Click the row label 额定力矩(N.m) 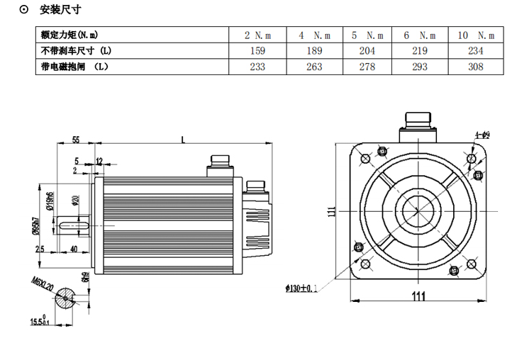coord(69,35)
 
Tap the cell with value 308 coord(476,67)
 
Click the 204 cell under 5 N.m coord(367,50)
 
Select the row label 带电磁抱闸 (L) coord(74,67)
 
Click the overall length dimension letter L coord(183,140)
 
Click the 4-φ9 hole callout coord(482,133)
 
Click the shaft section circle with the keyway coord(65,298)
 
